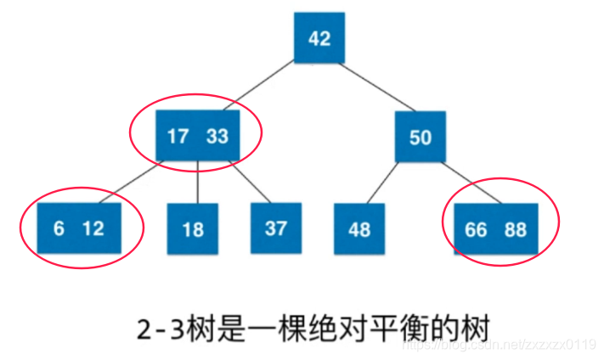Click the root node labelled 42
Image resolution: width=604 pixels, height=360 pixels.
[x=319, y=38]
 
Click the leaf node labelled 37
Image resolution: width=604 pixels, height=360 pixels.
[x=276, y=228]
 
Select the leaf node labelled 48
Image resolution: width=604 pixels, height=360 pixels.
[x=359, y=229]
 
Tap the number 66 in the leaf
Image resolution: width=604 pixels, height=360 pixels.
[x=477, y=229]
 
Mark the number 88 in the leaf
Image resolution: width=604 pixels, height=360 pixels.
[x=515, y=229]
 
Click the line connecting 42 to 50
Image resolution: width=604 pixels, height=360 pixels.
[x=370, y=88]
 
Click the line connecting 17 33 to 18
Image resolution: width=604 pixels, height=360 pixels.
[x=197, y=182]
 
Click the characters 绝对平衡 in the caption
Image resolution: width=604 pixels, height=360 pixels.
[x=379, y=327]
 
